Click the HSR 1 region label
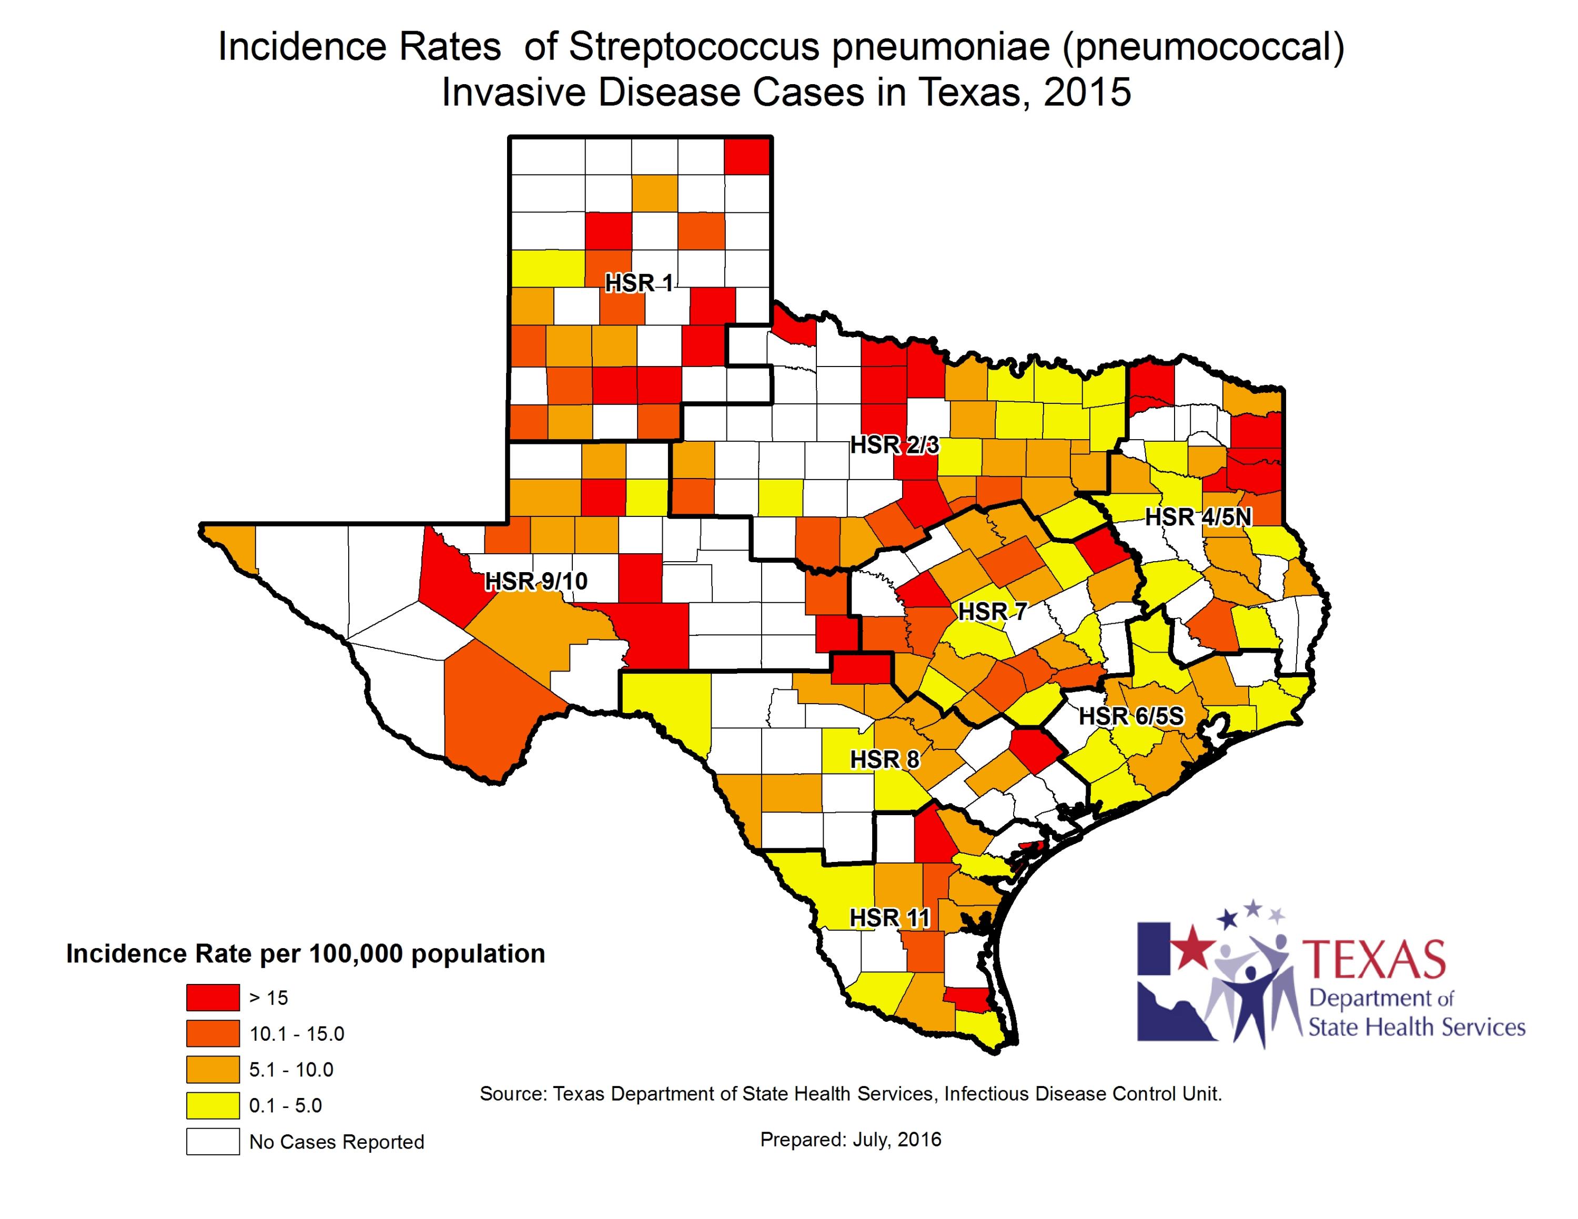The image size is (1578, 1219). click(x=639, y=283)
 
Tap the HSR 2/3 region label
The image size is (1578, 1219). click(x=895, y=445)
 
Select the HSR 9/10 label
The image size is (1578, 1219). click(x=536, y=581)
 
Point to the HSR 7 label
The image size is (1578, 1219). click(x=992, y=612)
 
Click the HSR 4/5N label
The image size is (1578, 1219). click(x=1198, y=517)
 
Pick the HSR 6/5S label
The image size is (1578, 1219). click(x=1131, y=716)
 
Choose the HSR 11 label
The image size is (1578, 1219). click(x=889, y=917)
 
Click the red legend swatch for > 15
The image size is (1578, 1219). click(x=213, y=997)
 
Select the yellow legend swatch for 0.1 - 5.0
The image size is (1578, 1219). click(x=213, y=1105)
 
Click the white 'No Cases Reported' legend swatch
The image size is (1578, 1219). click(x=213, y=1142)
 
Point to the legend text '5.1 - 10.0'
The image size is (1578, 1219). click(x=291, y=1070)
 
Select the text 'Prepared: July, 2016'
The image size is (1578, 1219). click(x=851, y=1140)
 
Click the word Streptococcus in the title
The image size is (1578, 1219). click(x=694, y=48)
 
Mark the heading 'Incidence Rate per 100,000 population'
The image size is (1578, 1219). click(x=305, y=954)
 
